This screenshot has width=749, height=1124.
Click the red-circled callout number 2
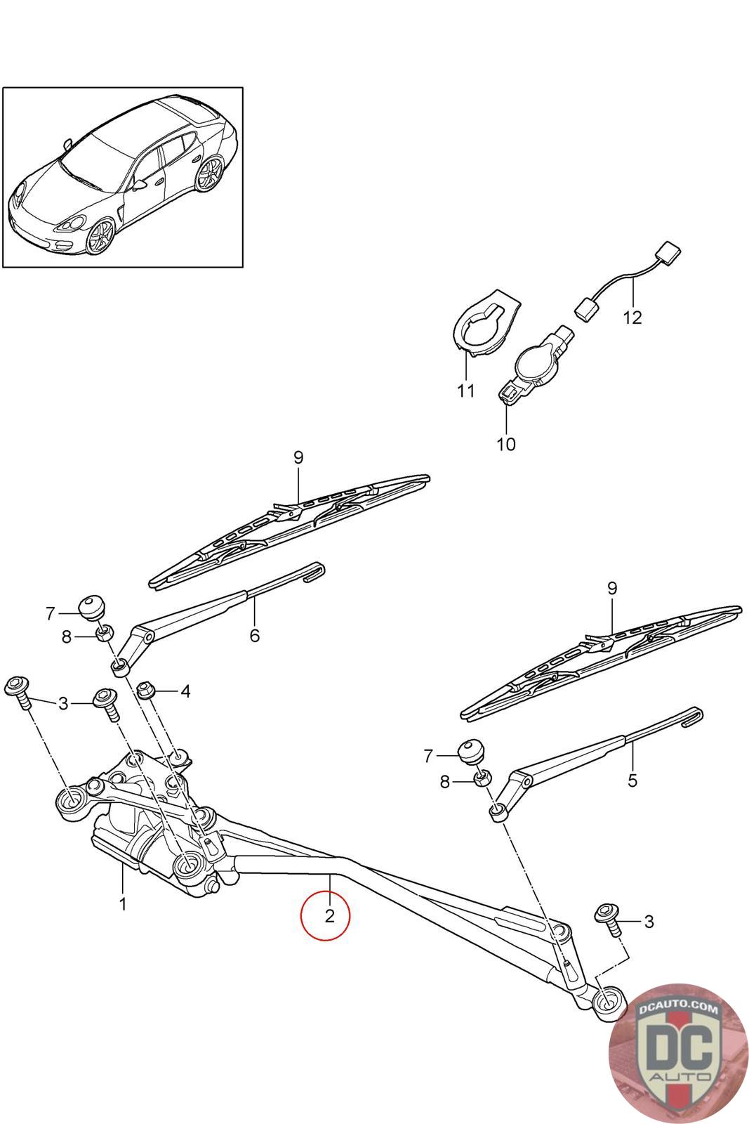coord(329,916)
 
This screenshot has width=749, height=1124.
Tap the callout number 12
coord(632,318)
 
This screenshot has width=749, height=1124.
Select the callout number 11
coord(465,391)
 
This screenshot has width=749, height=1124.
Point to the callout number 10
coord(506,444)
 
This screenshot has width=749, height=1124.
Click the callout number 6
coord(255,636)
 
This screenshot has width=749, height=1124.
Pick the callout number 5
coord(632,780)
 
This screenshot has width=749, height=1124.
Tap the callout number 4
coord(185,691)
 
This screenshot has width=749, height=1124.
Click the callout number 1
coord(122,904)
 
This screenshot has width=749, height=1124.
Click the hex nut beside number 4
coord(145,690)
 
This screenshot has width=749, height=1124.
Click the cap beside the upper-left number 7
coord(92,607)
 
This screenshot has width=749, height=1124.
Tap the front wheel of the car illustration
coord(101,236)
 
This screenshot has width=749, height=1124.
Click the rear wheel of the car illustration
coord(210,174)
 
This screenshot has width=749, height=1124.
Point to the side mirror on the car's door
coord(140,185)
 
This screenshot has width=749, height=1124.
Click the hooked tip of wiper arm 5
coord(693,716)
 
